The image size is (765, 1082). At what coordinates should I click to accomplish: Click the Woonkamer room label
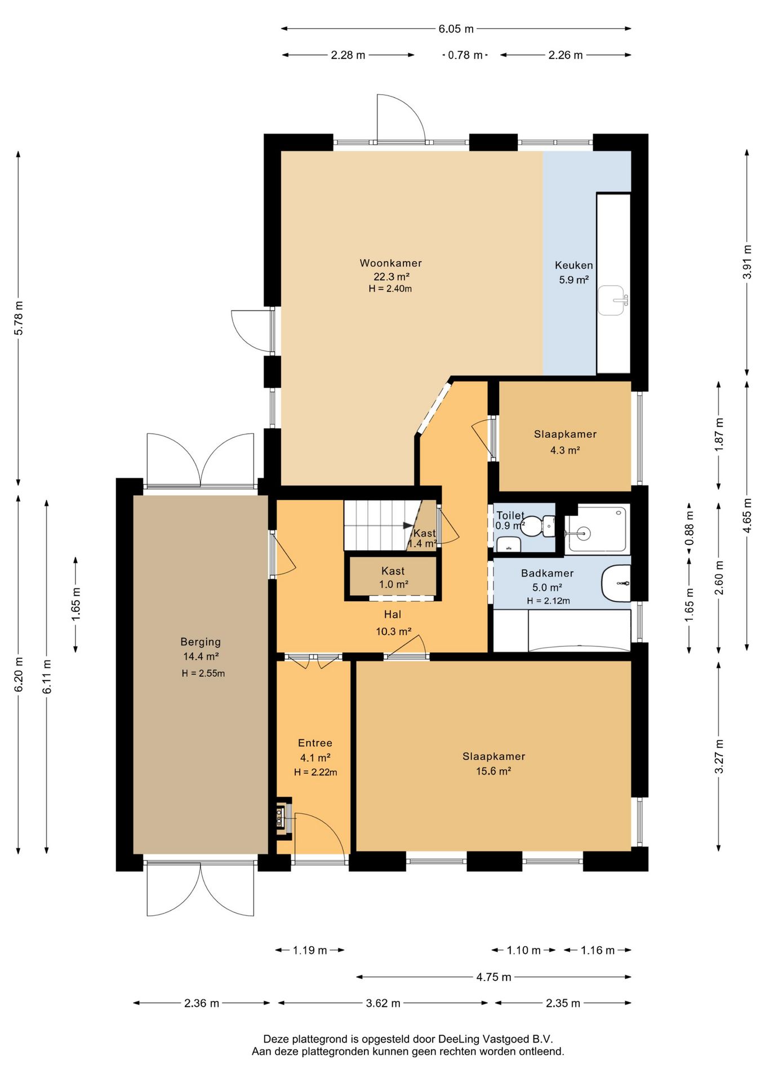391,263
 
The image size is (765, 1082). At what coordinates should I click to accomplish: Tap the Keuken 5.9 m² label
573,272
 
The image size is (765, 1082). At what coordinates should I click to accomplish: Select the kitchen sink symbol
613,300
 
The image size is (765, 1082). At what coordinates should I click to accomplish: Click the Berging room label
201,642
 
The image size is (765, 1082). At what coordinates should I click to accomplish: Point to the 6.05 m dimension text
456,29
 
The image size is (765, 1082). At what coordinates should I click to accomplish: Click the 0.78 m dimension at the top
465,55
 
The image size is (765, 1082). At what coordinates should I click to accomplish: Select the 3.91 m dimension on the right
747,262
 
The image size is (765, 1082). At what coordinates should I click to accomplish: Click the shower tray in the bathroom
597,529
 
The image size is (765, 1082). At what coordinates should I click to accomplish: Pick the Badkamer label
547,574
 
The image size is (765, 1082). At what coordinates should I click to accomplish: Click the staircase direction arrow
408,526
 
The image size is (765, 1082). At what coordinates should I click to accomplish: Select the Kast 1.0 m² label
393,578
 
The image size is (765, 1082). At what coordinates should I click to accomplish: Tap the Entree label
315,743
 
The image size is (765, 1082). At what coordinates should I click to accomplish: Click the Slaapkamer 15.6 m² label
493,764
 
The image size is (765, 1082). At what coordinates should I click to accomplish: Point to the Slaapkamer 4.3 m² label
565,442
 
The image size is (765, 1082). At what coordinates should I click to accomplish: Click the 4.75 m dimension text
493,977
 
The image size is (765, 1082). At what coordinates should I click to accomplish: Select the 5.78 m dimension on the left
19,318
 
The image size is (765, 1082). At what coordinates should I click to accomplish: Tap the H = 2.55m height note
203,673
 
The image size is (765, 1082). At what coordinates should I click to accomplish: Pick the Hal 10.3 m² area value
393,632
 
